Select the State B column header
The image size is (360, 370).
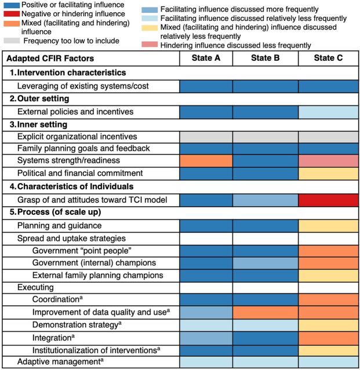(265, 58)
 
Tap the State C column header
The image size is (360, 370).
(328, 58)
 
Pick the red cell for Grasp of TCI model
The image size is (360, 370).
(328, 200)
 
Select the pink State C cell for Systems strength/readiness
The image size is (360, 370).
(328, 160)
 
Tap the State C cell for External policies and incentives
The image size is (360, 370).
(328, 112)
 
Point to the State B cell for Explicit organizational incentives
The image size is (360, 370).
(265, 137)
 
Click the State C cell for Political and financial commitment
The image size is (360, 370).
(328, 173)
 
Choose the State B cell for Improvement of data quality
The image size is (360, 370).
(265, 312)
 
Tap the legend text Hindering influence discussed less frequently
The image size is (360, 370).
(235, 45)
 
